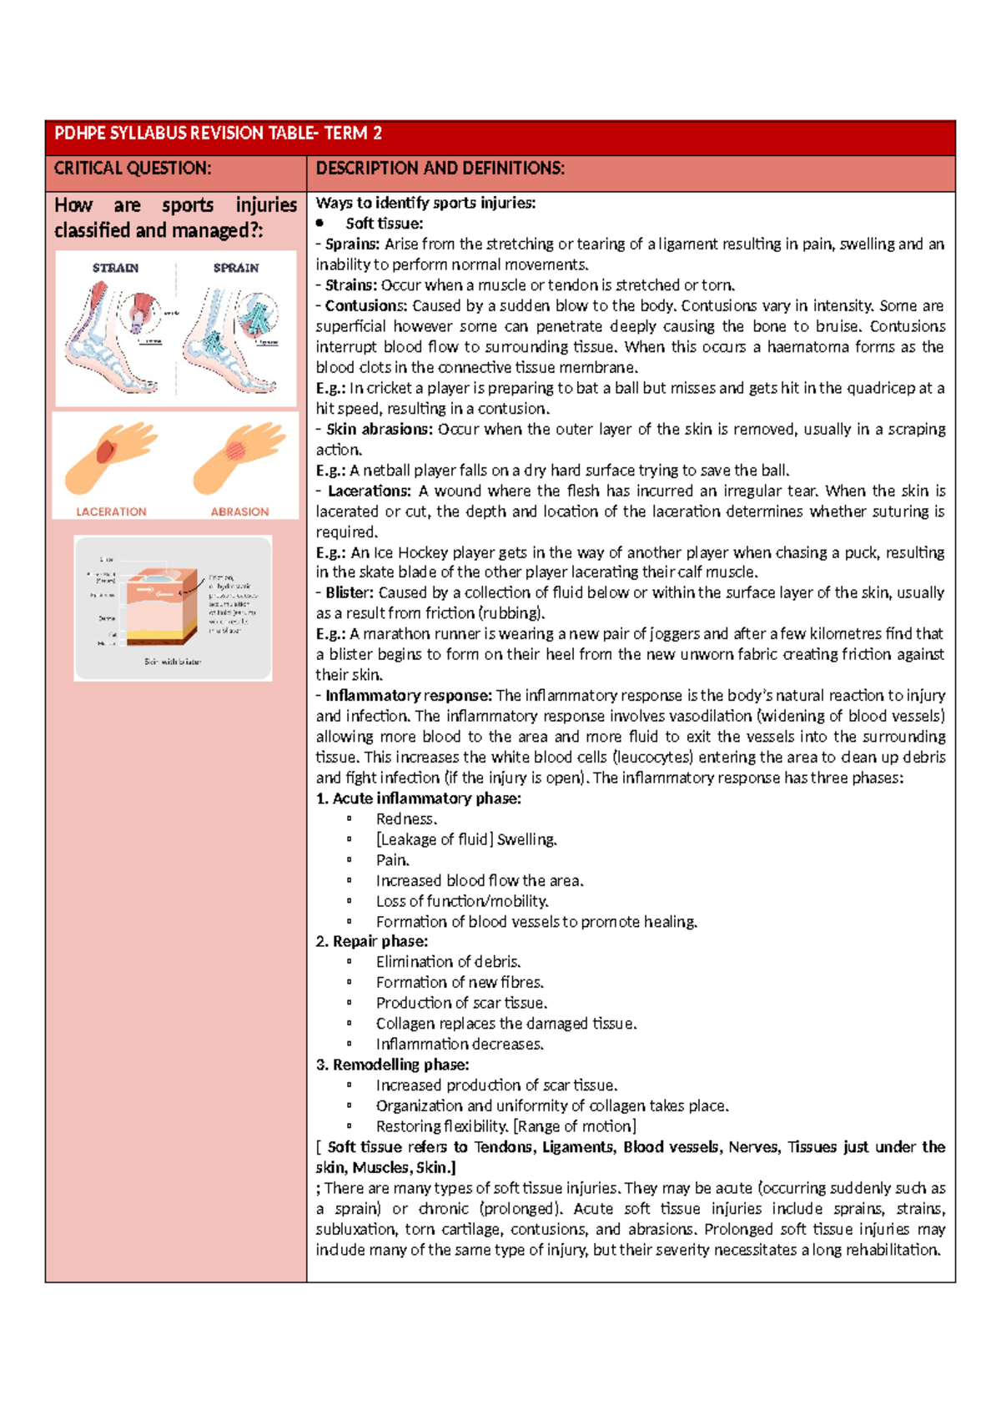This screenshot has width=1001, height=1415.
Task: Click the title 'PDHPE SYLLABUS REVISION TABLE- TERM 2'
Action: pyautogui.click(x=218, y=133)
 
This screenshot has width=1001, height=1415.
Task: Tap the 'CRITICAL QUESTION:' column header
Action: pyautogui.click(x=133, y=169)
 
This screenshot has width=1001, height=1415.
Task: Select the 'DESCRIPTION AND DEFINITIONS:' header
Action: pyautogui.click(x=440, y=169)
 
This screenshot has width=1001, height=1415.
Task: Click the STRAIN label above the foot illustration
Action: pyautogui.click(x=115, y=268)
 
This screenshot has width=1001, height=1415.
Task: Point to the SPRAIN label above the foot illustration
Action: pyautogui.click(x=236, y=268)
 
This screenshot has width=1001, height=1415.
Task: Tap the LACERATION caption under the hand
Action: pyautogui.click(x=111, y=511)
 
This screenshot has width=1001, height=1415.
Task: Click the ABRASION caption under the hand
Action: pyautogui.click(x=239, y=511)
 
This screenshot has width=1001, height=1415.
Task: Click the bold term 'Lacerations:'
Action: pyautogui.click(x=369, y=491)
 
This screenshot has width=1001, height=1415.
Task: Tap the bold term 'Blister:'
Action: pyautogui.click(x=350, y=593)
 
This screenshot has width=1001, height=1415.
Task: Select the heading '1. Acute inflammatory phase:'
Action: pyautogui.click(x=418, y=798)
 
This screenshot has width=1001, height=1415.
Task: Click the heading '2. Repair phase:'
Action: pyautogui.click(x=371, y=942)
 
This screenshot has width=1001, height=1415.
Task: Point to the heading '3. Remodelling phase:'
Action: pyautogui.click(x=392, y=1065)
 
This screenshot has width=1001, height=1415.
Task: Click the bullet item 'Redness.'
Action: pyautogui.click(x=406, y=819)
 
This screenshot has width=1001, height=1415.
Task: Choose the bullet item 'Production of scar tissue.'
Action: pyautogui.click(x=461, y=1003)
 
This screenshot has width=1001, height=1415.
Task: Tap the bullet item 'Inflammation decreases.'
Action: pyautogui.click(x=460, y=1045)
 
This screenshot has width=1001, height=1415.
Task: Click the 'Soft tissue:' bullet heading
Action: pyautogui.click(x=385, y=224)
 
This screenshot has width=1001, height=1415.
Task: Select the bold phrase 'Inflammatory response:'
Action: pyautogui.click(x=408, y=696)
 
